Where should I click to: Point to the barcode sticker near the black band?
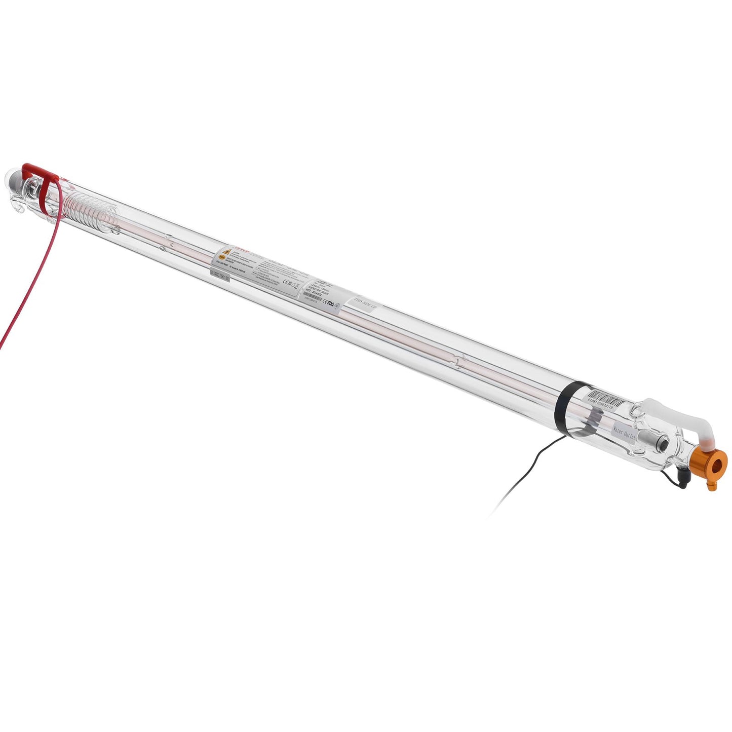[x=606, y=400]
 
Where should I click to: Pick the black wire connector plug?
[x=682, y=477]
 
